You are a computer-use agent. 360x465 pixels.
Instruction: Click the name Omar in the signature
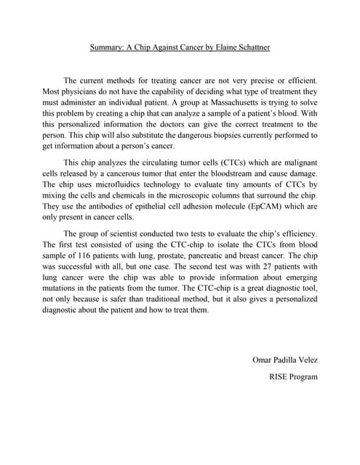tap(263, 359)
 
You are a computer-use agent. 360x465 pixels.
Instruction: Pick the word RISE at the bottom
tap(281, 376)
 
